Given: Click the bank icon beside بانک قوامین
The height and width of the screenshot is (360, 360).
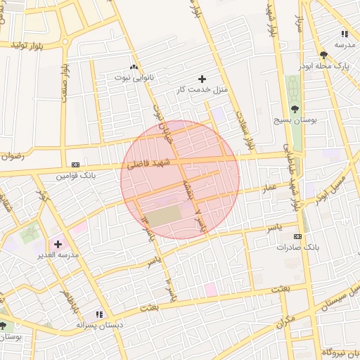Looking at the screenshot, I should (x=76, y=165).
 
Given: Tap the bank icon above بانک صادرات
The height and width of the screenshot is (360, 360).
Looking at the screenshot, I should (x=298, y=236).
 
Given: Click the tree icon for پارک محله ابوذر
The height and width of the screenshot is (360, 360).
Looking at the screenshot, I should (x=323, y=55).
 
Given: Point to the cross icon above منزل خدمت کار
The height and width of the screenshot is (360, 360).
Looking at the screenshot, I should (x=202, y=79).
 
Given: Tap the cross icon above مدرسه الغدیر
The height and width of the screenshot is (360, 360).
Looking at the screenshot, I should (x=58, y=244).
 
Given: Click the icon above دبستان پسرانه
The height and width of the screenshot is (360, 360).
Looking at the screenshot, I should (x=99, y=314).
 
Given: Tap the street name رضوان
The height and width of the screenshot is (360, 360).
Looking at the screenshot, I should (x=12, y=156).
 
